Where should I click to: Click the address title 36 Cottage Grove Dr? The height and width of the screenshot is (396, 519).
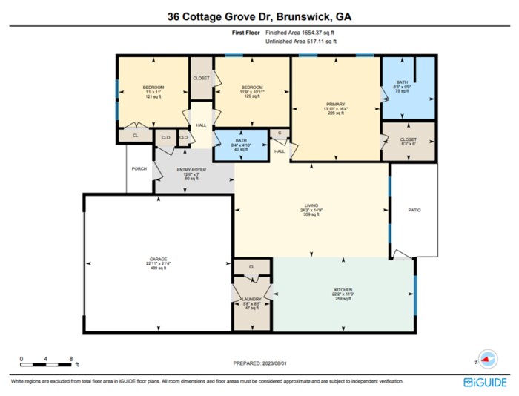[x=259, y=16]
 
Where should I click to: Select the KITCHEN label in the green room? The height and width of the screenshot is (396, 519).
[x=342, y=289]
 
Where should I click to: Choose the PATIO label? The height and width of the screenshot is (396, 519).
[x=414, y=211]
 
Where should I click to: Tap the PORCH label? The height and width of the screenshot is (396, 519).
[x=139, y=169]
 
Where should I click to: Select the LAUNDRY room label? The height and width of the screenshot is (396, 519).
[x=251, y=299]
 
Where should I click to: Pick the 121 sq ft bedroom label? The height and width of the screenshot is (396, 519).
[x=153, y=88]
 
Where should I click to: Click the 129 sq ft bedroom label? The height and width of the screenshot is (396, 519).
[x=251, y=88]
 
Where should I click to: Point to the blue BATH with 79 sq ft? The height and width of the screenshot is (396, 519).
[x=403, y=83]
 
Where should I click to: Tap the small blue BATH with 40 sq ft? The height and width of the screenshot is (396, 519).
[x=239, y=141]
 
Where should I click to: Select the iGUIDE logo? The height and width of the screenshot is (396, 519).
[x=485, y=383]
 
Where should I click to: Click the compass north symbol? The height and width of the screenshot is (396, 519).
[x=487, y=359]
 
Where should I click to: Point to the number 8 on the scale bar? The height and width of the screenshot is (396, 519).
[x=70, y=358]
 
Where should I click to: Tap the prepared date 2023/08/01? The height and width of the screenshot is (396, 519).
[x=259, y=363]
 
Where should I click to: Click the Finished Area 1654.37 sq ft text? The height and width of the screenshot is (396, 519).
[x=305, y=33]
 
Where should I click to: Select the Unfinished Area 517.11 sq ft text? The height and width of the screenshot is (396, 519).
[x=300, y=42]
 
